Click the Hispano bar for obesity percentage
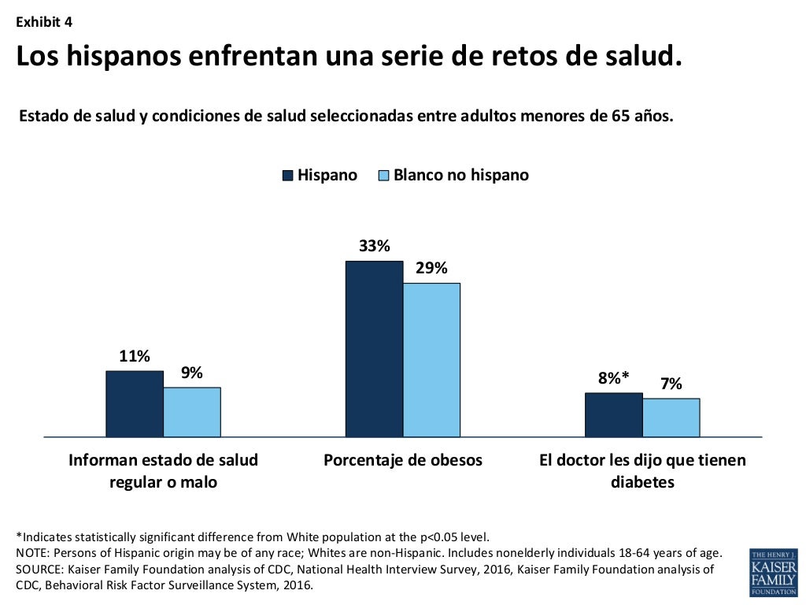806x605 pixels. tap(374, 348)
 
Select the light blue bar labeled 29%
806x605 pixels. tap(431, 359)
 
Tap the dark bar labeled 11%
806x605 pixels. tap(135, 403)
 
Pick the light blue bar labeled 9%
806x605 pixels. tap(192, 411)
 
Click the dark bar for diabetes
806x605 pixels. tap(613, 414)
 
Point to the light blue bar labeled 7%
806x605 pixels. tap(671, 417)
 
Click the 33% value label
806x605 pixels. tap(374, 246)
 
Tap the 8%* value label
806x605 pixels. tap(613, 378)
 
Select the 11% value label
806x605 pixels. tap(135, 356)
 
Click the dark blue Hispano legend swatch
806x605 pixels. tap(288, 176)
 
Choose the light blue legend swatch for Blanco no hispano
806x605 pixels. tap(384, 176)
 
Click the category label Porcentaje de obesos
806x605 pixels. tap(402, 460)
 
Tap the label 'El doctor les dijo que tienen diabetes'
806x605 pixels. tap(642, 471)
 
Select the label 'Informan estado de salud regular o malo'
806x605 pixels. tap(163, 471)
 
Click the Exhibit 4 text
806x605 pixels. tap(44, 22)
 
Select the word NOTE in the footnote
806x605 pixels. tap(33, 552)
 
